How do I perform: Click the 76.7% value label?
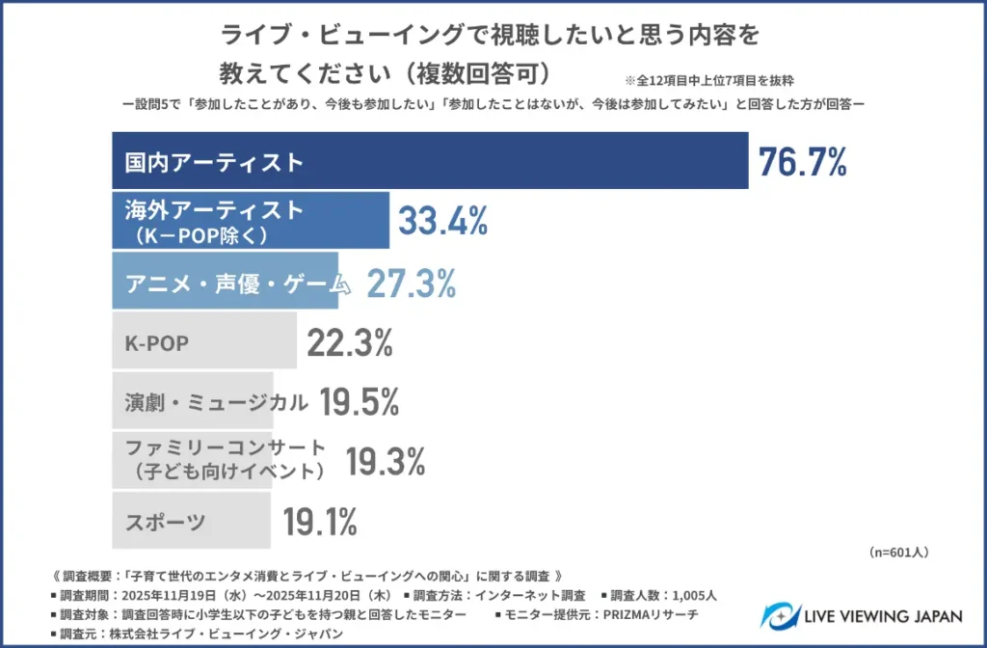(x=802, y=162)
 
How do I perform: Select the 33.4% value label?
(x=442, y=222)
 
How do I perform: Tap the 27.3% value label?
(x=410, y=283)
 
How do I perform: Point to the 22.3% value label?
(x=350, y=342)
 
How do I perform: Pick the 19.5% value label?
(x=359, y=403)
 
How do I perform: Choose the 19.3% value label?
(x=385, y=463)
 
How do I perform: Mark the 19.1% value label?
(x=320, y=523)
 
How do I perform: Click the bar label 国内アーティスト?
(x=214, y=162)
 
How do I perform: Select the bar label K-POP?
(x=157, y=343)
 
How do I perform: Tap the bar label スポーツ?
(x=165, y=523)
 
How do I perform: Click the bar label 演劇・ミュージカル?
(x=217, y=403)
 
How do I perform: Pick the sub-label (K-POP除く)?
(x=201, y=234)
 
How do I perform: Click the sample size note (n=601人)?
(x=897, y=553)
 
